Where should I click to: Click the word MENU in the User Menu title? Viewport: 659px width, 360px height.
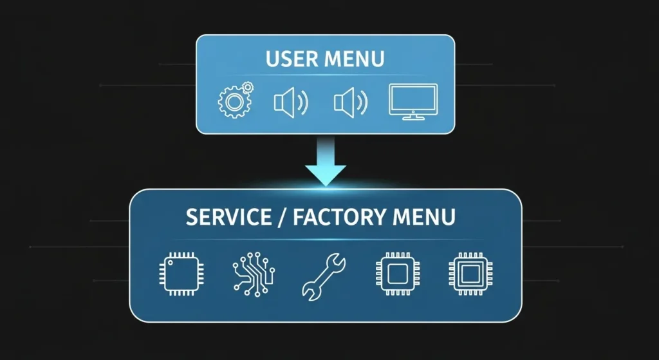tap(354, 60)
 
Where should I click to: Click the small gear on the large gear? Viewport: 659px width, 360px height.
tap(248, 88)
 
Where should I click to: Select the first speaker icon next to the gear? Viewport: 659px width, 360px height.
tap(290, 102)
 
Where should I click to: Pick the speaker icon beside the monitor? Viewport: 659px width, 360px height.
tap(350, 102)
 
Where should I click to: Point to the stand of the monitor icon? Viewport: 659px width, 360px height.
tap(413, 117)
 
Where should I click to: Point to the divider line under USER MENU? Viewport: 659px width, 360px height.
tap(325, 75)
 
